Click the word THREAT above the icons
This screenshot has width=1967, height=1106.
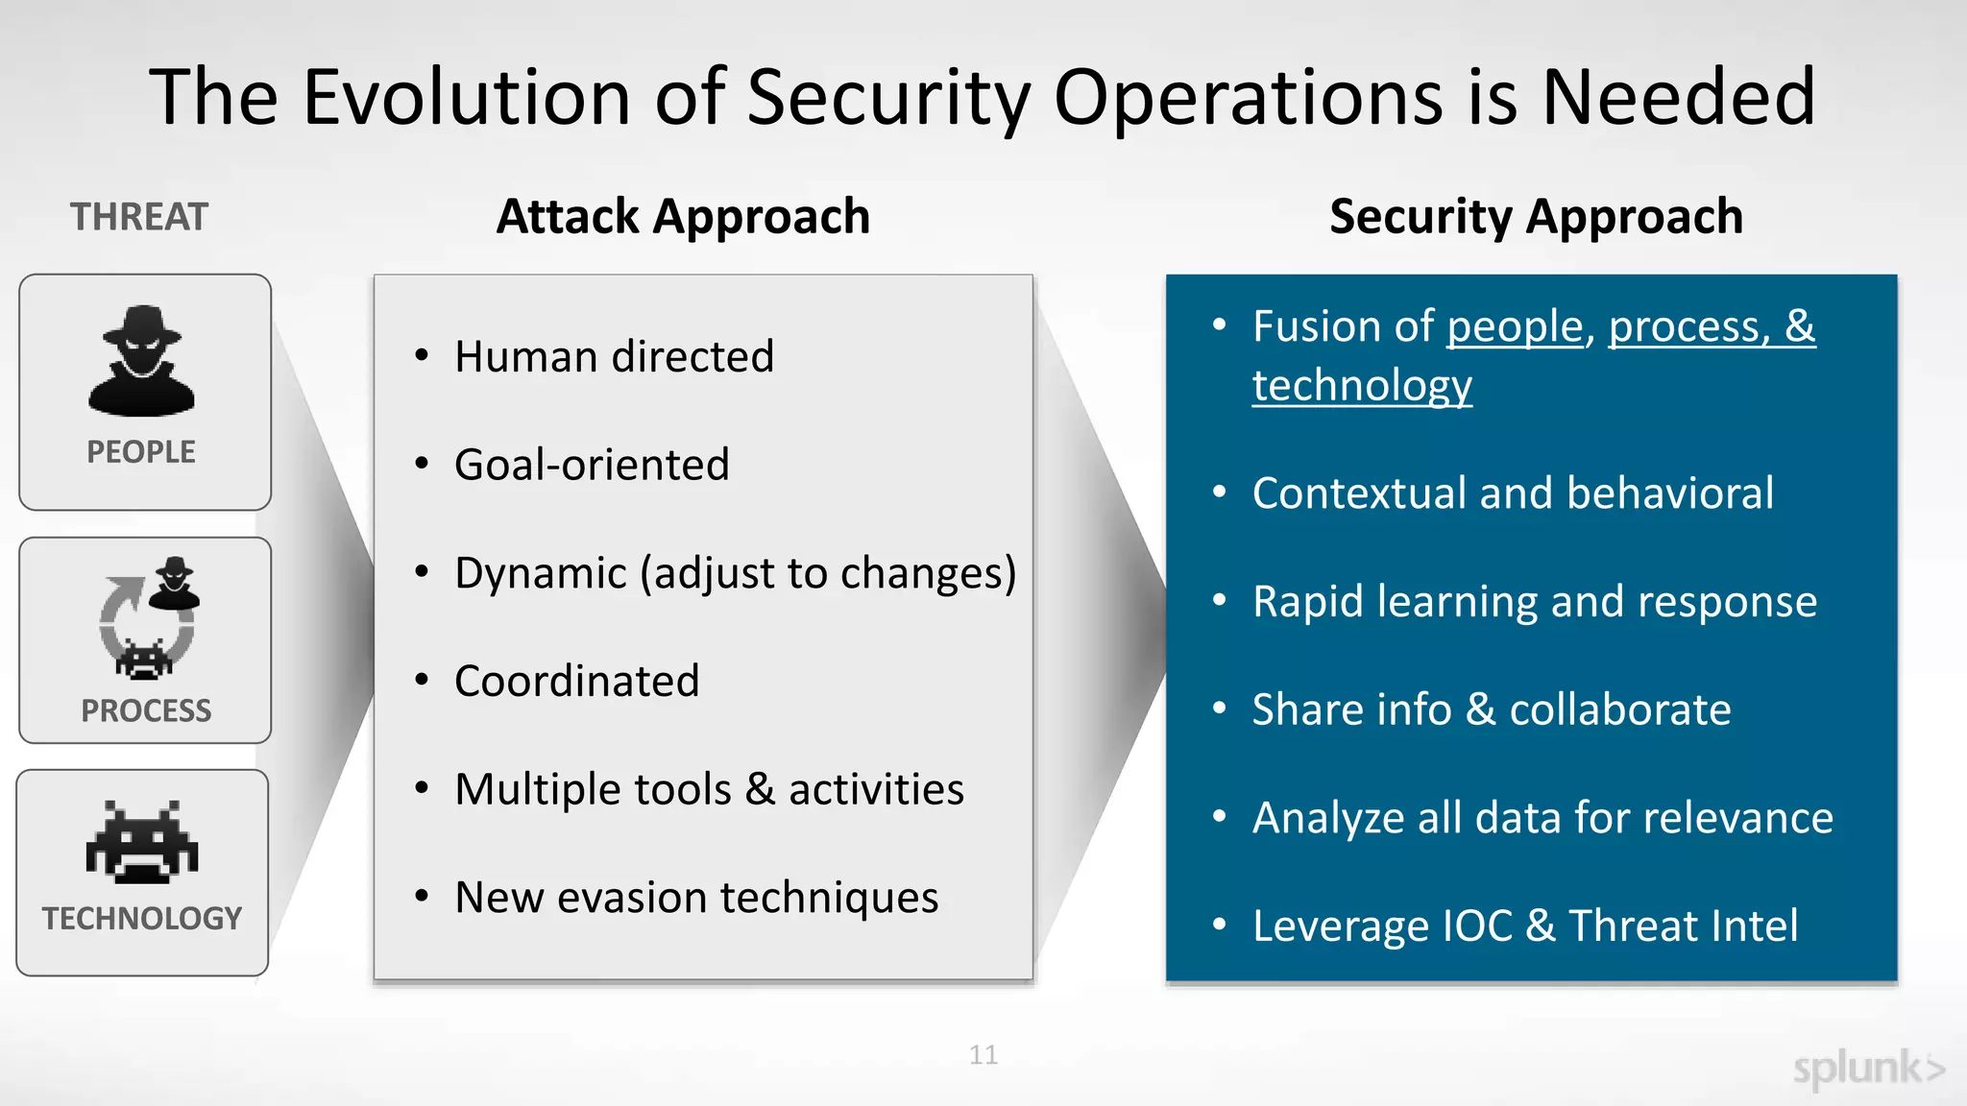(139, 217)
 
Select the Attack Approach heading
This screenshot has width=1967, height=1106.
(683, 217)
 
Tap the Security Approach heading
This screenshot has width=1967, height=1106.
(1536, 217)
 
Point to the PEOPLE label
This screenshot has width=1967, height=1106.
(141, 452)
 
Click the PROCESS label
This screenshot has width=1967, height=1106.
(146, 711)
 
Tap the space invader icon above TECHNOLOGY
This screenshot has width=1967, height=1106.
(142, 842)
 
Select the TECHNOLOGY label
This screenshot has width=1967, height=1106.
(142, 919)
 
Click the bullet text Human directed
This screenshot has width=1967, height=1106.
(614, 357)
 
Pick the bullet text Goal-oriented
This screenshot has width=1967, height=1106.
(592, 466)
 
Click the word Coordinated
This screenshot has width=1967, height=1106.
(576, 682)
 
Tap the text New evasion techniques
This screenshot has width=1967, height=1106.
(696, 899)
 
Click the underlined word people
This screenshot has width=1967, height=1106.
(1515, 327)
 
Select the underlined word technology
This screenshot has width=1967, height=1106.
(1361, 386)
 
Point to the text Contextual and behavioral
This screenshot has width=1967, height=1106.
(1513, 493)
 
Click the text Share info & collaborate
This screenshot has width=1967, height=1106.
(1492, 710)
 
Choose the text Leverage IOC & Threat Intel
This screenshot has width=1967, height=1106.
(1525, 926)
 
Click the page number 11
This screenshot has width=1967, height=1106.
(983, 1055)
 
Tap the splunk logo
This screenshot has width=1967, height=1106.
(1868, 1069)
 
